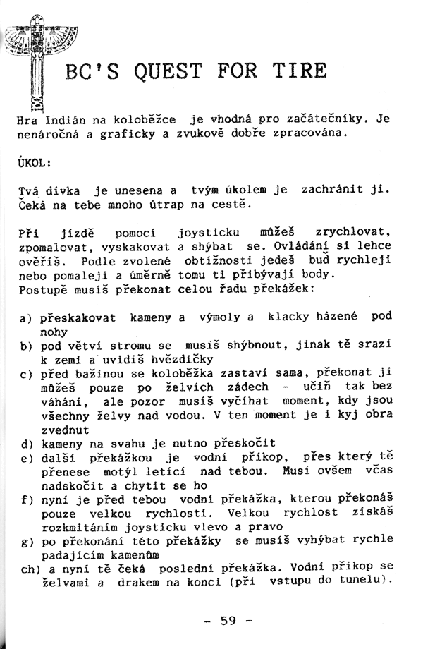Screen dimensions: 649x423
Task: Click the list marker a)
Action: pyautogui.click(x=26, y=319)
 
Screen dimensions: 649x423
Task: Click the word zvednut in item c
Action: pyautogui.click(x=66, y=430)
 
